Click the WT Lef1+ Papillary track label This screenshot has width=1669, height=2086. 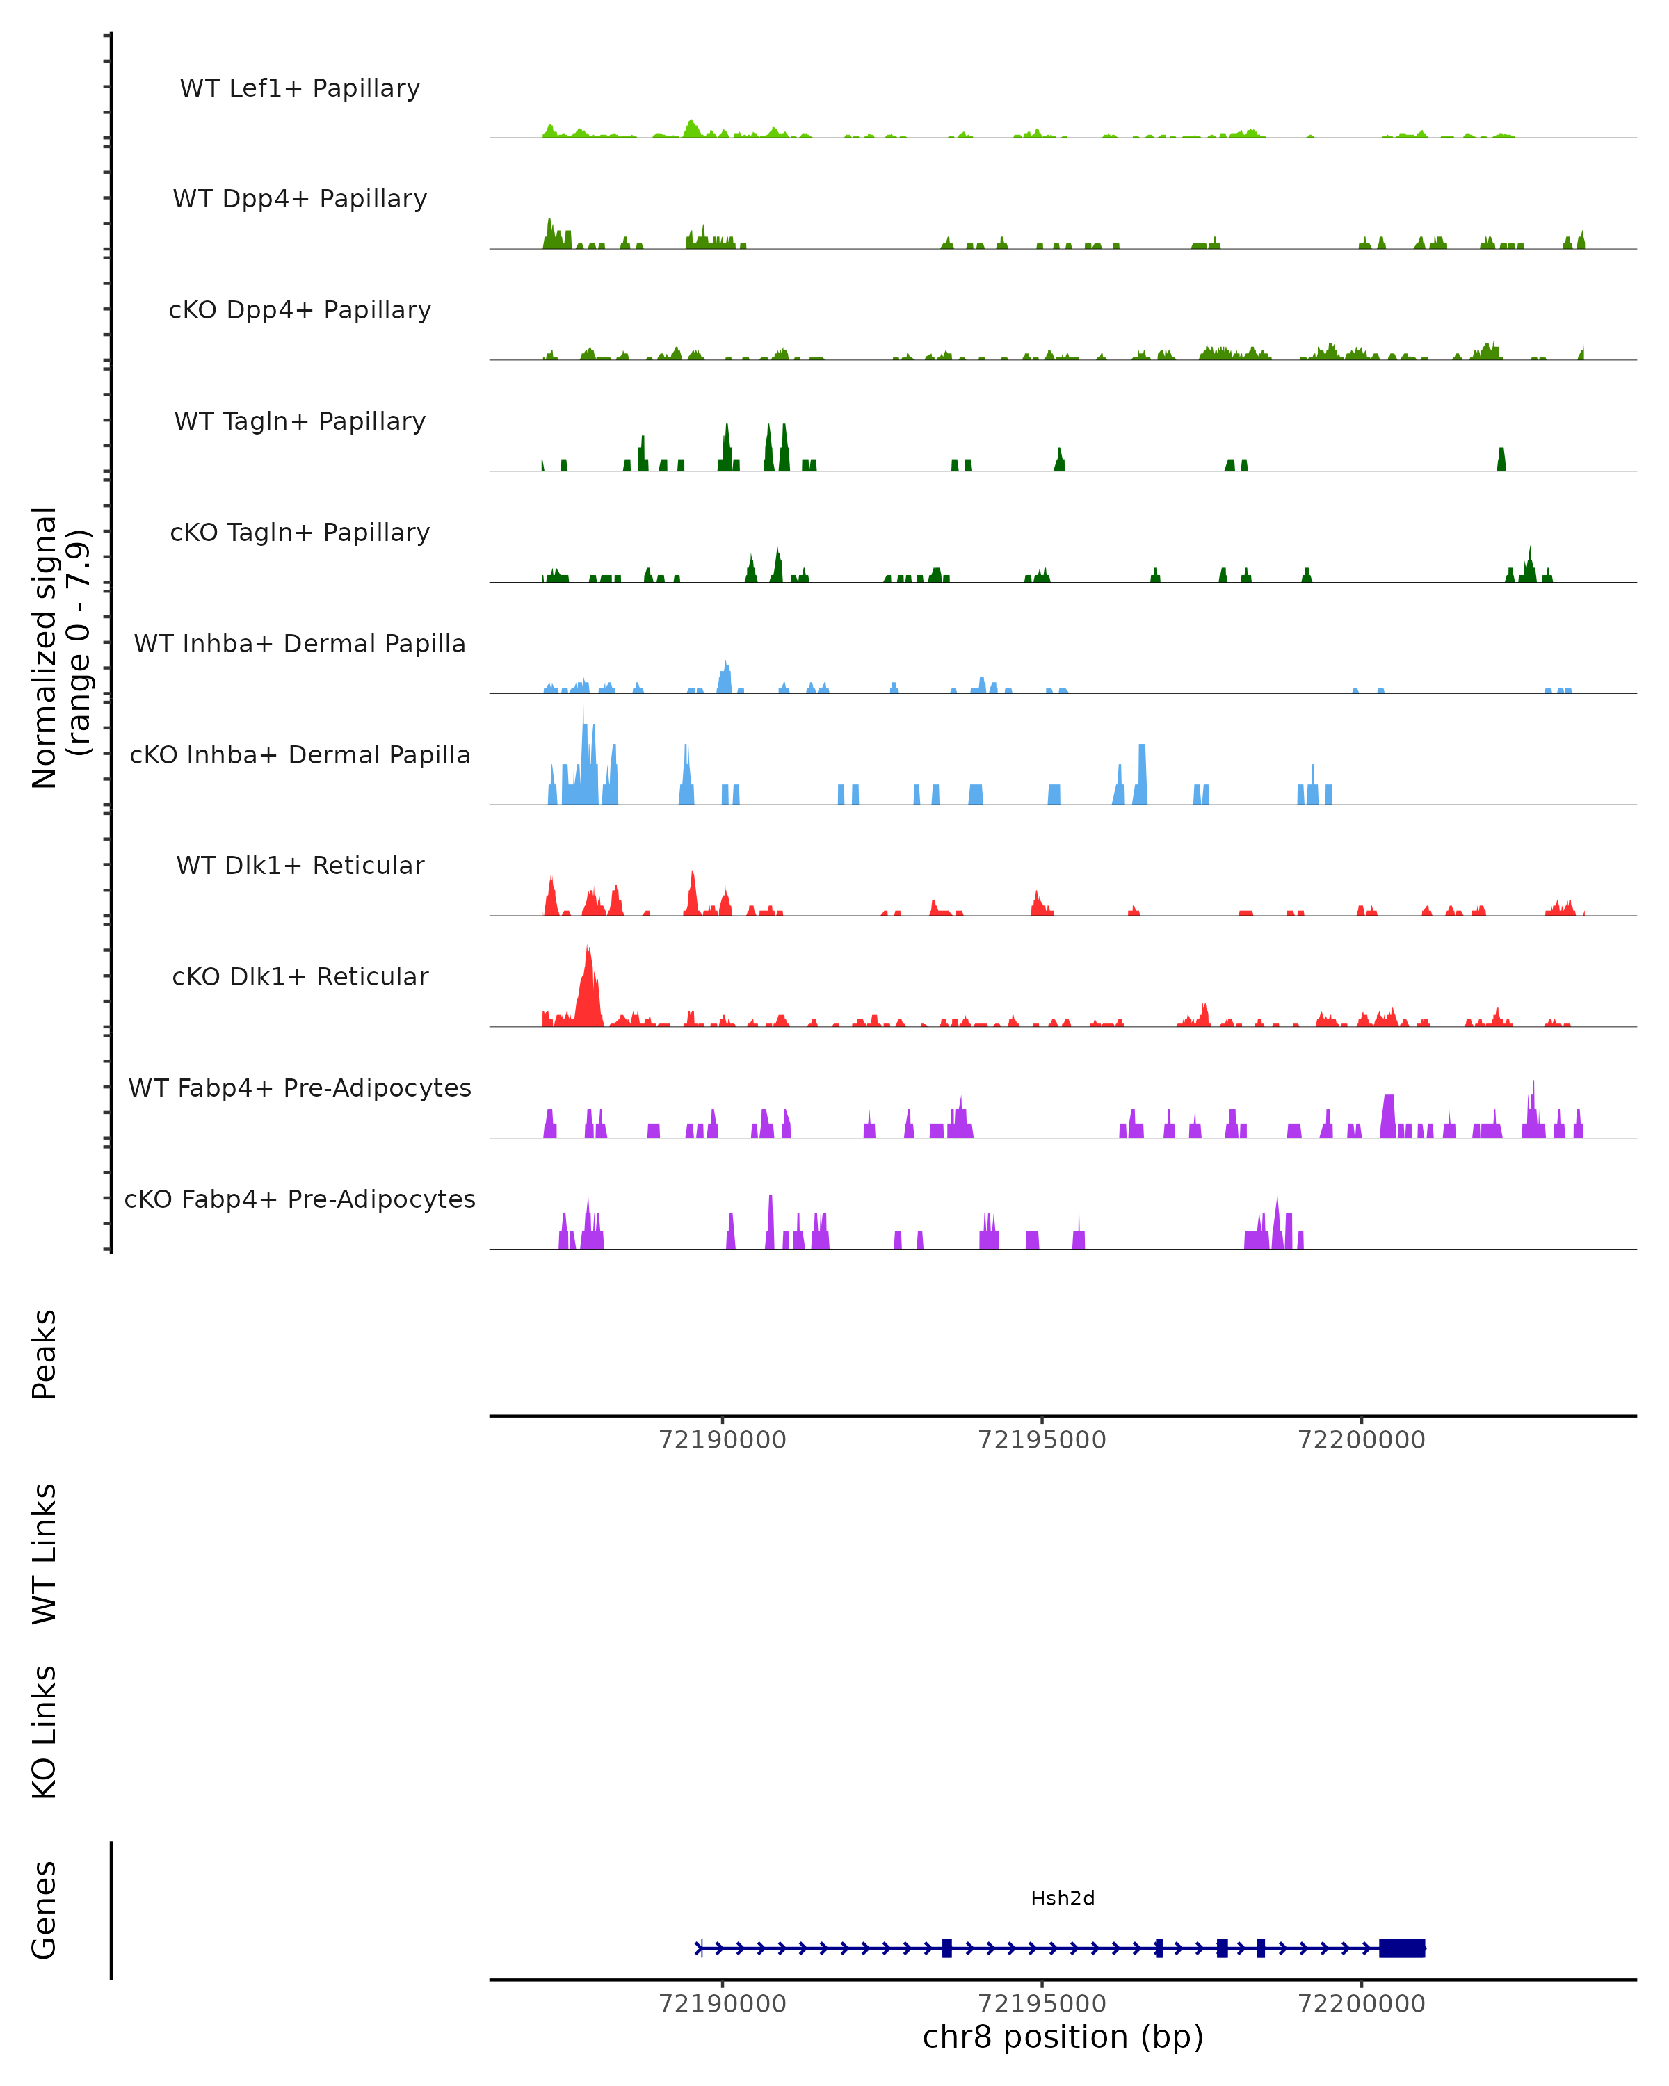pyautogui.click(x=300, y=88)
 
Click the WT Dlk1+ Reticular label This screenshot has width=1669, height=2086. pyautogui.click(x=300, y=865)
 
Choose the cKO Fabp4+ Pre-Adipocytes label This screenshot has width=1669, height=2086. pyautogui.click(x=300, y=1199)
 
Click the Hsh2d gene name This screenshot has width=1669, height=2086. pyautogui.click(x=1063, y=1898)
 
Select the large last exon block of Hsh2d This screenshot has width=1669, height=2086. pyautogui.click(x=1401, y=1948)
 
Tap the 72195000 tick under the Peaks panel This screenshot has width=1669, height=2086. pyautogui.click(x=1042, y=1440)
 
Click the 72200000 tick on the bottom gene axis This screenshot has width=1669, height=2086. pyautogui.click(x=1362, y=2004)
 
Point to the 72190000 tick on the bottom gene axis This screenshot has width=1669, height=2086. pyautogui.click(x=722, y=2004)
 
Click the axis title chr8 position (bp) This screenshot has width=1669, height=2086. pyautogui.click(x=1063, y=2037)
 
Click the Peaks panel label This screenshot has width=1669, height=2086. pyautogui.click(x=45, y=1355)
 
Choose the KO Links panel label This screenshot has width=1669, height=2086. pyautogui.click(x=45, y=1732)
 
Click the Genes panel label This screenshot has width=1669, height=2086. pyautogui.click(x=45, y=1910)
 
